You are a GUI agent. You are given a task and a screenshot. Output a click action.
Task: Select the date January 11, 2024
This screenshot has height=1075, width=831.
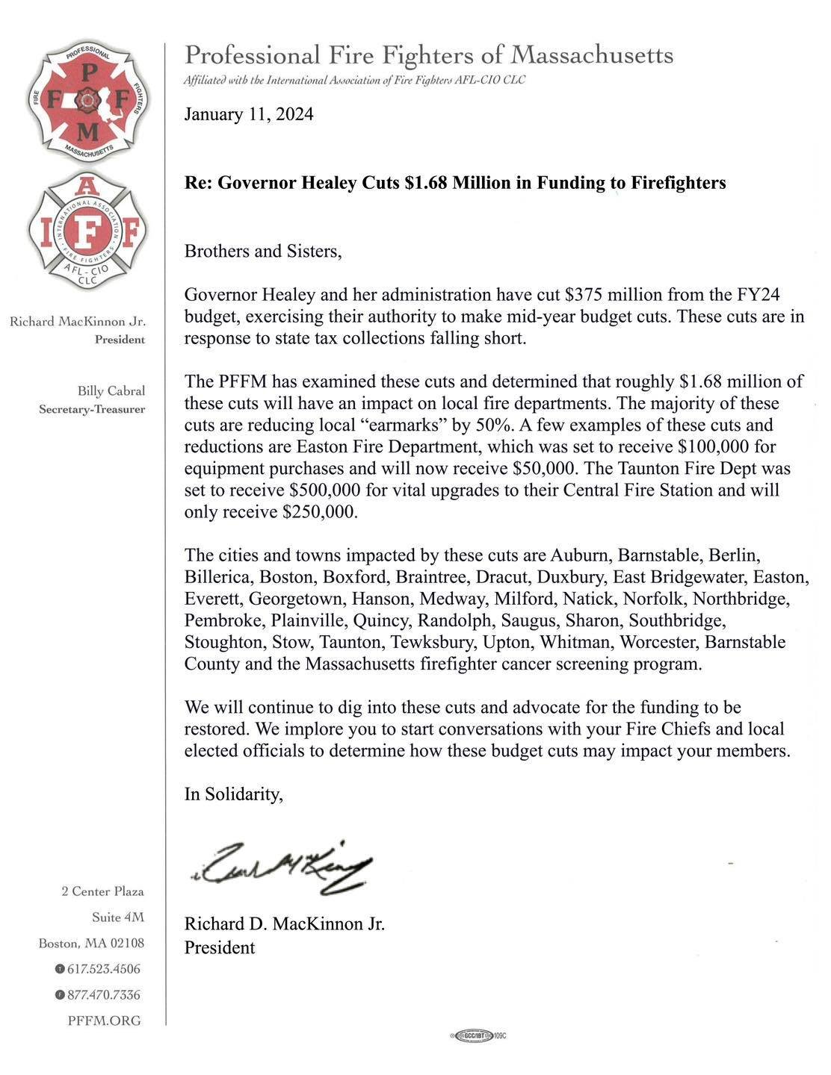pos(249,114)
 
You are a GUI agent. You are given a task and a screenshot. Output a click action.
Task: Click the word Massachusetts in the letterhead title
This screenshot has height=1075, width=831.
pos(592,55)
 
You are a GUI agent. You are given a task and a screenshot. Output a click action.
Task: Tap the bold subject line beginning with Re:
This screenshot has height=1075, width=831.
pos(455,183)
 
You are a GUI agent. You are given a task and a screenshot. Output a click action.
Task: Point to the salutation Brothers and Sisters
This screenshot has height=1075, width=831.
pos(263,251)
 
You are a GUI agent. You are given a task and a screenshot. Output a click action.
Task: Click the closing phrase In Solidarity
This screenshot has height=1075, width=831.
pos(234,794)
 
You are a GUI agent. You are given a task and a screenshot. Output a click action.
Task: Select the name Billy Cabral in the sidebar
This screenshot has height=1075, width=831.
pos(111,391)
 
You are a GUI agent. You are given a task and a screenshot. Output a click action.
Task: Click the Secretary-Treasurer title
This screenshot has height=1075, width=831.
pos(92,409)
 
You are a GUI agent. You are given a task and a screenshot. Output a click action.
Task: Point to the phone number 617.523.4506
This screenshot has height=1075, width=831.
pos(104,969)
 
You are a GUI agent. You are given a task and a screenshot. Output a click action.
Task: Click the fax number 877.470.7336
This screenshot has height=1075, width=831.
pos(104,995)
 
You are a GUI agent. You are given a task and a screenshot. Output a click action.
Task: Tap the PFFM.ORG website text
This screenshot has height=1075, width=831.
pos(104,1021)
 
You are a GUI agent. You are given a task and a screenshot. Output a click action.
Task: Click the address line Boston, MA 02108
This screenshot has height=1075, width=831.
pos(91,944)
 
